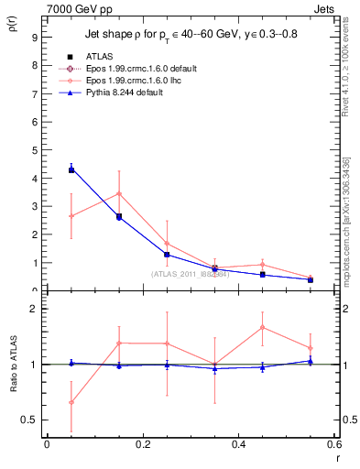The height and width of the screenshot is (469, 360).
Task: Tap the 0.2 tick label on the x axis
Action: [x=142, y=444]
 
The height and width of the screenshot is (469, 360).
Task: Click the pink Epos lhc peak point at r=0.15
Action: [x=119, y=193]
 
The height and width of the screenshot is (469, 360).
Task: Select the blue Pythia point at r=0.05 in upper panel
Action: [x=71, y=169]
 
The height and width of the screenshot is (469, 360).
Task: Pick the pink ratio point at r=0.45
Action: [x=262, y=327]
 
